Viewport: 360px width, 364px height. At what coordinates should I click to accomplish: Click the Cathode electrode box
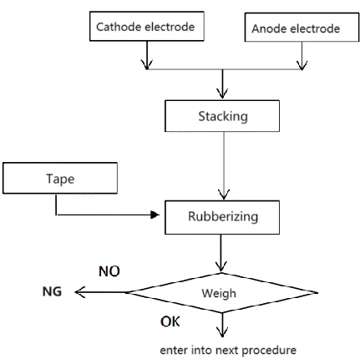(x=147, y=26)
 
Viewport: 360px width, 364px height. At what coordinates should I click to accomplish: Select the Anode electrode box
(x=302, y=28)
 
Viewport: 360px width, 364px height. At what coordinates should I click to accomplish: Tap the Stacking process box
(x=222, y=116)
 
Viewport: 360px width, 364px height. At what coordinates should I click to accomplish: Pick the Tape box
(x=60, y=178)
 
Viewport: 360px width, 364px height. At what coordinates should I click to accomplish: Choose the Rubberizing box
(x=222, y=217)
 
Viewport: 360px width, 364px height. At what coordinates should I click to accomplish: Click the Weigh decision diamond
(x=222, y=293)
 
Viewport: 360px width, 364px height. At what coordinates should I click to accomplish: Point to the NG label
(x=52, y=291)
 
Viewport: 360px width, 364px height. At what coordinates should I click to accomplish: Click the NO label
(x=109, y=271)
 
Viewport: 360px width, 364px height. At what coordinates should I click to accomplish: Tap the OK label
(x=170, y=321)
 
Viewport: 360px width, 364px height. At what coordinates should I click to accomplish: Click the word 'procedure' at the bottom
(x=269, y=351)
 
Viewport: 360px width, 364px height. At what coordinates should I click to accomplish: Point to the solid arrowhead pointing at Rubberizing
(x=155, y=215)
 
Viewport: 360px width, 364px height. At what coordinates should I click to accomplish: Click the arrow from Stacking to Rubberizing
(x=224, y=166)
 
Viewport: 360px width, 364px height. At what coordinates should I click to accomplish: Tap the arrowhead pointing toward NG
(x=80, y=292)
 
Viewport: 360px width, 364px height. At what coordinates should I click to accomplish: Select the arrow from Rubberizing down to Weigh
(x=221, y=253)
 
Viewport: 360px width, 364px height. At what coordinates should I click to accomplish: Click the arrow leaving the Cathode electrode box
(x=147, y=55)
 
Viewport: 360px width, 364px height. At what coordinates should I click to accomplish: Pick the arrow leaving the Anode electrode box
(x=302, y=56)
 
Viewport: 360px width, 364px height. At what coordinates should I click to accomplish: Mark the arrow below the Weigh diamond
(x=222, y=325)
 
